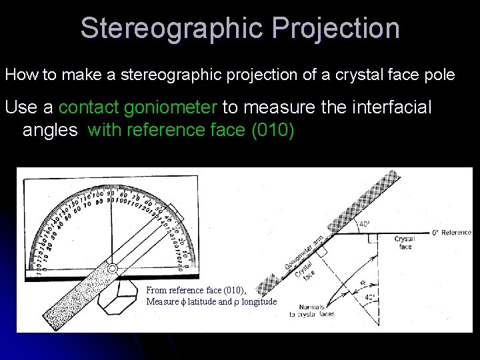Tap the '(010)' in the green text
271,129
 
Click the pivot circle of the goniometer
113,269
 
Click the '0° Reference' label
451,233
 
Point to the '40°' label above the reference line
365,225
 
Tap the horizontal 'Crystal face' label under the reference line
404,243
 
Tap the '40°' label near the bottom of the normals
371,297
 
